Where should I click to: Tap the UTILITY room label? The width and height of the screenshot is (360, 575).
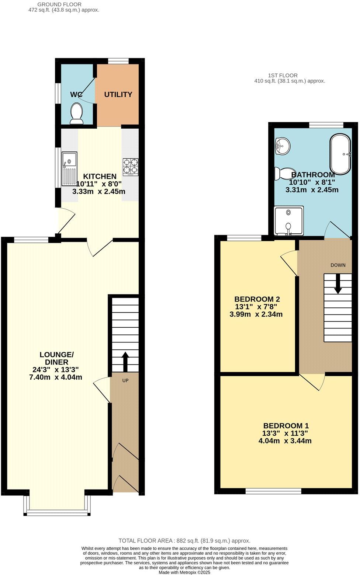tap(118, 94)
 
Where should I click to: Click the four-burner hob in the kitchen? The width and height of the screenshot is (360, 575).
tap(131, 167)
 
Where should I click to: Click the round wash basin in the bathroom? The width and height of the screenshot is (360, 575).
tap(282, 146)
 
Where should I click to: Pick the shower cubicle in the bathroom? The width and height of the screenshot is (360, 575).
tap(289, 220)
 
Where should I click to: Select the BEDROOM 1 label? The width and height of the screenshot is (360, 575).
tap(285, 425)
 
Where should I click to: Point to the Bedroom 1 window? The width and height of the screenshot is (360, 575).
tap(273, 491)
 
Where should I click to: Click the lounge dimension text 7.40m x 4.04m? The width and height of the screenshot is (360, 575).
tap(56, 377)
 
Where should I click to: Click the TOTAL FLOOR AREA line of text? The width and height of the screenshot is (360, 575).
tap(184, 541)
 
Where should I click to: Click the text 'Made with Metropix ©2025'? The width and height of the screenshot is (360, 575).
tap(184, 572)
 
